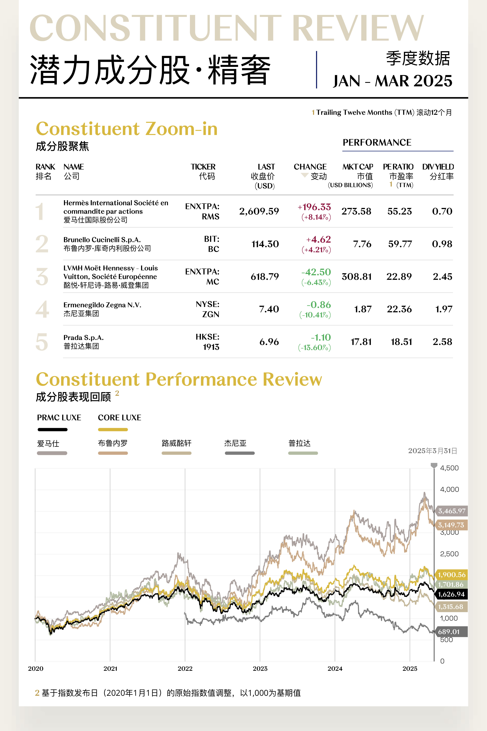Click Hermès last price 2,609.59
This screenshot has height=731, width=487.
coord(259,211)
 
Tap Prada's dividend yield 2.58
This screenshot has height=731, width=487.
coord(442,342)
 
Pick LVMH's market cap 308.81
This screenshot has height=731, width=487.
coord(356,277)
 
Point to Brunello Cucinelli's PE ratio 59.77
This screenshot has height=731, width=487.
coord(400,244)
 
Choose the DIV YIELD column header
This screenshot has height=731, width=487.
coord(438,167)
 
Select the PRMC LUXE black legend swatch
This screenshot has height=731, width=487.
coord(52,430)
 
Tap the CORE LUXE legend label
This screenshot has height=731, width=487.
coord(120,417)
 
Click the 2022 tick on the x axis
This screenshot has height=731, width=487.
coord(185,668)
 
